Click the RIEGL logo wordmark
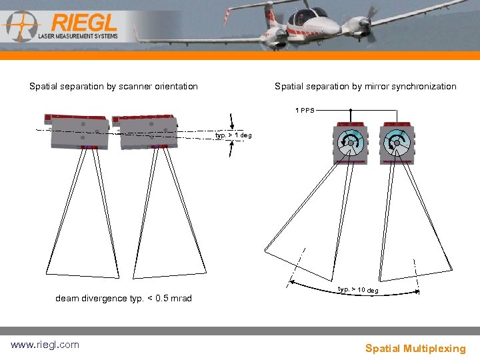tap(84, 23)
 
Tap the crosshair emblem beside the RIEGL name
tap(21, 26)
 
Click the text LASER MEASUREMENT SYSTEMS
tap(78, 36)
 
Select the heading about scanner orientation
tap(113, 86)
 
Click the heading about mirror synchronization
tap(365, 86)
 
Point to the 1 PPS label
tap(305, 110)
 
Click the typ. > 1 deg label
tap(233, 135)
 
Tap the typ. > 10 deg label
tap(358, 289)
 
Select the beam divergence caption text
tap(124, 298)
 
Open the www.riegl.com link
tap(45, 345)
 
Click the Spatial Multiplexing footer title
tap(415, 349)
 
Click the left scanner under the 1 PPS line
tap(351, 143)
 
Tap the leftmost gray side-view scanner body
tap(77, 131)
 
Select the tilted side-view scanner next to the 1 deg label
tap(145, 132)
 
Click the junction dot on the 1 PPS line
tap(351, 110)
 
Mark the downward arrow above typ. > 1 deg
tap(231, 121)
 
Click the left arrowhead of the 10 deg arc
tap(292, 282)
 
